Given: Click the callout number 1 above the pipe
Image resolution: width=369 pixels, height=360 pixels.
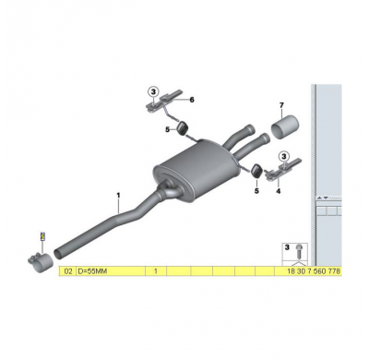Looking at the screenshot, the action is [118, 196].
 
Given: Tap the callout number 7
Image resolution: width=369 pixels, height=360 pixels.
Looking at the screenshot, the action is [281, 105].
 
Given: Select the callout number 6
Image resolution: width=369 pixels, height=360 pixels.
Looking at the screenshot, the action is [192, 100].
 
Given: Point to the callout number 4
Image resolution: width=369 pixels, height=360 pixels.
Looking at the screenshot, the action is [279, 191].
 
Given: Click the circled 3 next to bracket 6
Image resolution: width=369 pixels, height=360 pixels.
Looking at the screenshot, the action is [153, 91].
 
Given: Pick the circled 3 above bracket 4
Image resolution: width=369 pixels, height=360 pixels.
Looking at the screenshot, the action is [284, 156].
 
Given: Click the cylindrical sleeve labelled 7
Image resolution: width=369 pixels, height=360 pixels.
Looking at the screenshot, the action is [285, 127].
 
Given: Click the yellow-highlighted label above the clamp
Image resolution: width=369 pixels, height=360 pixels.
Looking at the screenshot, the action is [42, 236].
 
